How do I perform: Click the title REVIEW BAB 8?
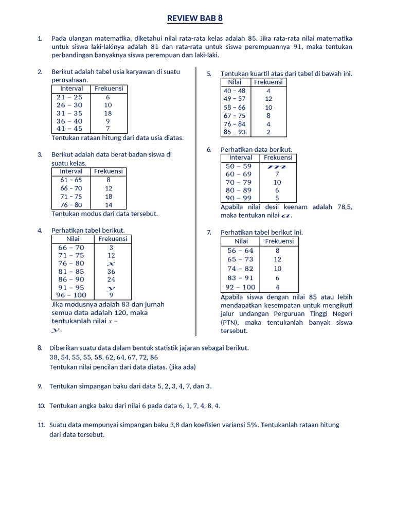click(x=195, y=19)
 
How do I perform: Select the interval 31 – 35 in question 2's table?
click(x=69, y=113)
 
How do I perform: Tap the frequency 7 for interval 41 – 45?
click(x=108, y=129)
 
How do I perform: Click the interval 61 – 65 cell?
click(x=71, y=180)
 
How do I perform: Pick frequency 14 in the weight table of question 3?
click(x=109, y=205)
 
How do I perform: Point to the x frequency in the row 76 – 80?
click(x=111, y=263)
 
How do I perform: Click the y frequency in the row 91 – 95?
click(x=111, y=288)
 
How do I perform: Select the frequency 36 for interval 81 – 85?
click(x=111, y=271)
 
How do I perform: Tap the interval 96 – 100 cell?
click(x=71, y=295)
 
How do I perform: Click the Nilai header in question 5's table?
click(x=235, y=82)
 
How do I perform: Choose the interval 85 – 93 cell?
click(x=235, y=132)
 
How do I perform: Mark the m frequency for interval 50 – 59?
click(x=277, y=166)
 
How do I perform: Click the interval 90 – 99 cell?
click(x=239, y=198)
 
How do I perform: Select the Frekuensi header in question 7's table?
click(x=279, y=241)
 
